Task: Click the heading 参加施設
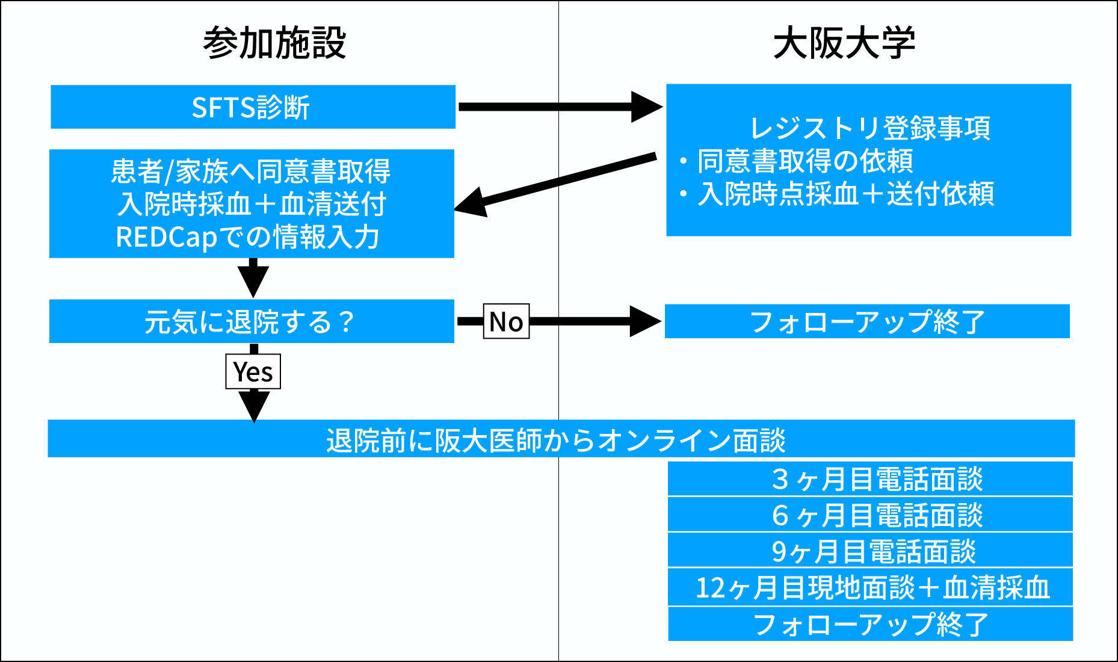point(274,43)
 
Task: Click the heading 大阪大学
point(844,43)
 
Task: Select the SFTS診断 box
point(253,107)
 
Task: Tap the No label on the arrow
point(506,321)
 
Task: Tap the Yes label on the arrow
point(253,371)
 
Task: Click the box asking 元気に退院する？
point(252,321)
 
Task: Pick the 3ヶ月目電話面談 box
point(870,479)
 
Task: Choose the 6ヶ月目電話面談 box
point(870,515)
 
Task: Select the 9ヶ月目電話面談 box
point(870,551)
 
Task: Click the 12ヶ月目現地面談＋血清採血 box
point(870,587)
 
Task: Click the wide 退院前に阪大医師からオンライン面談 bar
point(561,439)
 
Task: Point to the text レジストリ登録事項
point(870,128)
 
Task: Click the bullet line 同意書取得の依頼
point(805,161)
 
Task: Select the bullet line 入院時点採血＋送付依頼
point(845,194)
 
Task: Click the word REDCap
point(166,237)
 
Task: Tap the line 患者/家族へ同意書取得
point(250,172)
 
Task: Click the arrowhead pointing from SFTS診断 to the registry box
point(646,107)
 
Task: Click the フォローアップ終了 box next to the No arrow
point(866,321)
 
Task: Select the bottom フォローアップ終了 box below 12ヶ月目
point(870,624)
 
